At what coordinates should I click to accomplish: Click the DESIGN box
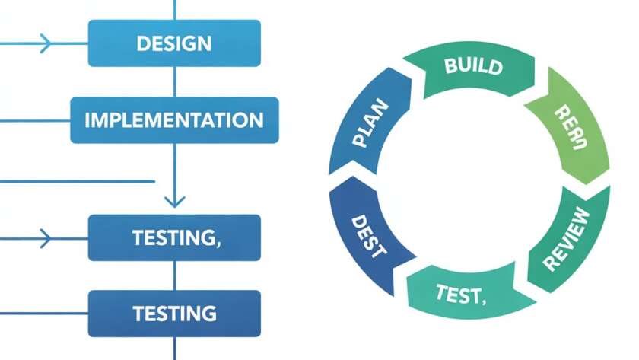[x=174, y=43]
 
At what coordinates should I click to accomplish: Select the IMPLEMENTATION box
[x=174, y=119]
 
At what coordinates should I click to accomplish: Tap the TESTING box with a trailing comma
[x=174, y=237]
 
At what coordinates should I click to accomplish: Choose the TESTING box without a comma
[x=174, y=313]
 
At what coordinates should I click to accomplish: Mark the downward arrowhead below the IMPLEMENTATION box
[x=175, y=201]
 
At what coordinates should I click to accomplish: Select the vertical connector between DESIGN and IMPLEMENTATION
[x=175, y=81]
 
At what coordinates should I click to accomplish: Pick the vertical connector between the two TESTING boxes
[x=175, y=276]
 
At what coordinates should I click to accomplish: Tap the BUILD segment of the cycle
[x=472, y=65]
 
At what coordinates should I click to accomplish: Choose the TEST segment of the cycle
[x=459, y=294]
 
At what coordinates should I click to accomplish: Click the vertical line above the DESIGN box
[x=175, y=9]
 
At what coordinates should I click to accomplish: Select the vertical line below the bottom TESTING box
[x=175, y=349]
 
